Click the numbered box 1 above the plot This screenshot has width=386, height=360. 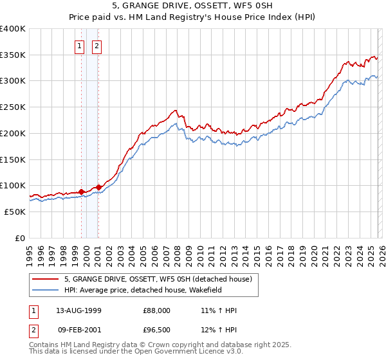tap(79, 46)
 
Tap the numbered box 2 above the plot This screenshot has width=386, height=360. tap(96, 46)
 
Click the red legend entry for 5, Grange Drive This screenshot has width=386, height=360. tap(161, 279)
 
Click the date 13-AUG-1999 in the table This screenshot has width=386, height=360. tap(79, 310)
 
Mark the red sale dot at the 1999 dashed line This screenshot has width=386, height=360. tap(82, 192)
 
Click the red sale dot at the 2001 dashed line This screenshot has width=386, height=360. tap(98, 187)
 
